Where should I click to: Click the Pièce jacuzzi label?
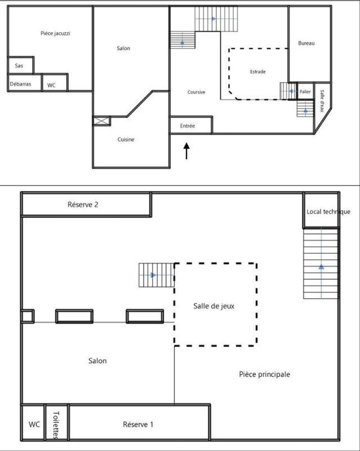click(55, 33)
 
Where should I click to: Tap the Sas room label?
click(19, 65)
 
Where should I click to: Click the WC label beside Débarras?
click(51, 85)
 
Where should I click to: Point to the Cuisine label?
click(126, 139)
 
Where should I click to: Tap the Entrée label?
click(188, 126)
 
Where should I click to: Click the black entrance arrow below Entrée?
click(187, 151)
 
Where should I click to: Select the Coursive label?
click(196, 92)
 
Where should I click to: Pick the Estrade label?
click(257, 72)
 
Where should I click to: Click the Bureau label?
click(306, 43)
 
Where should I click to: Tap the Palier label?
click(305, 91)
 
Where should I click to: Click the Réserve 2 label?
click(83, 205)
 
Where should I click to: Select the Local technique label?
click(328, 211)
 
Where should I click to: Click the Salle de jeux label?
click(214, 307)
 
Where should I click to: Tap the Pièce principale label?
click(264, 374)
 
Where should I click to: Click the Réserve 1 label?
click(138, 423)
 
